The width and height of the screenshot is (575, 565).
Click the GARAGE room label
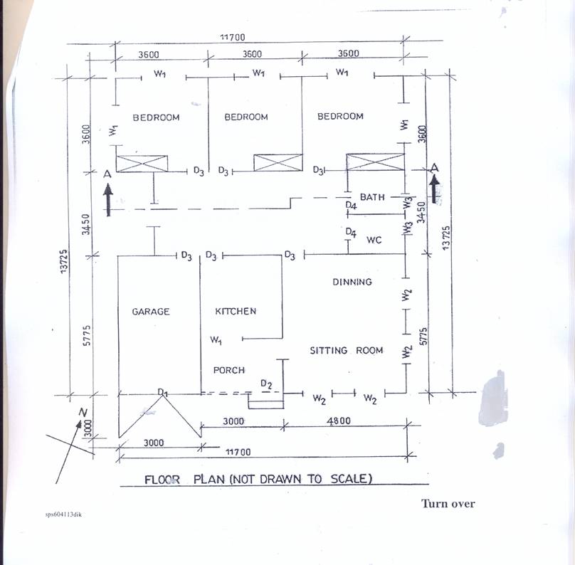[151, 312]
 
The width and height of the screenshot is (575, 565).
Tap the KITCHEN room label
[236, 311]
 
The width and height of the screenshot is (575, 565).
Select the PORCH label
[229, 370]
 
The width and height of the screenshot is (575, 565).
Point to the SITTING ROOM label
[347, 351]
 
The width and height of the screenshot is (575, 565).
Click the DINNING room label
[352, 282]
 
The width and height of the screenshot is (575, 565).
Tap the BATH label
[372, 197]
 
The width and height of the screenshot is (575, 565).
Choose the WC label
[374, 240]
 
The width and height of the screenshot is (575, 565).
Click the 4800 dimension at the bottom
[339, 421]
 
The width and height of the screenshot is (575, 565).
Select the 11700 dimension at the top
[233, 38]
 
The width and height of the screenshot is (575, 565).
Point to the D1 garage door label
[162, 392]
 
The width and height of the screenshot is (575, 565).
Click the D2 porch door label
[266, 384]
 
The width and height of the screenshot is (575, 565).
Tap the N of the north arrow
[83, 413]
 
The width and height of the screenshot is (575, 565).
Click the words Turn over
[448, 504]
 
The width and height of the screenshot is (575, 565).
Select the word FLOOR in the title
[162, 480]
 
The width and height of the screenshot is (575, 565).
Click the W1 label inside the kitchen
[216, 340]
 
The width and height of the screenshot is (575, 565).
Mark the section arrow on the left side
[108, 199]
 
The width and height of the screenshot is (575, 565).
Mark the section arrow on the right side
[434, 189]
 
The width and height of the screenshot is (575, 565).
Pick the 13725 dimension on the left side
[64, 261]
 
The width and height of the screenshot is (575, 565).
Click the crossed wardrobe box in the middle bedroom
[278, 162]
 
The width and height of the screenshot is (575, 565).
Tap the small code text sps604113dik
[63, 514]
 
